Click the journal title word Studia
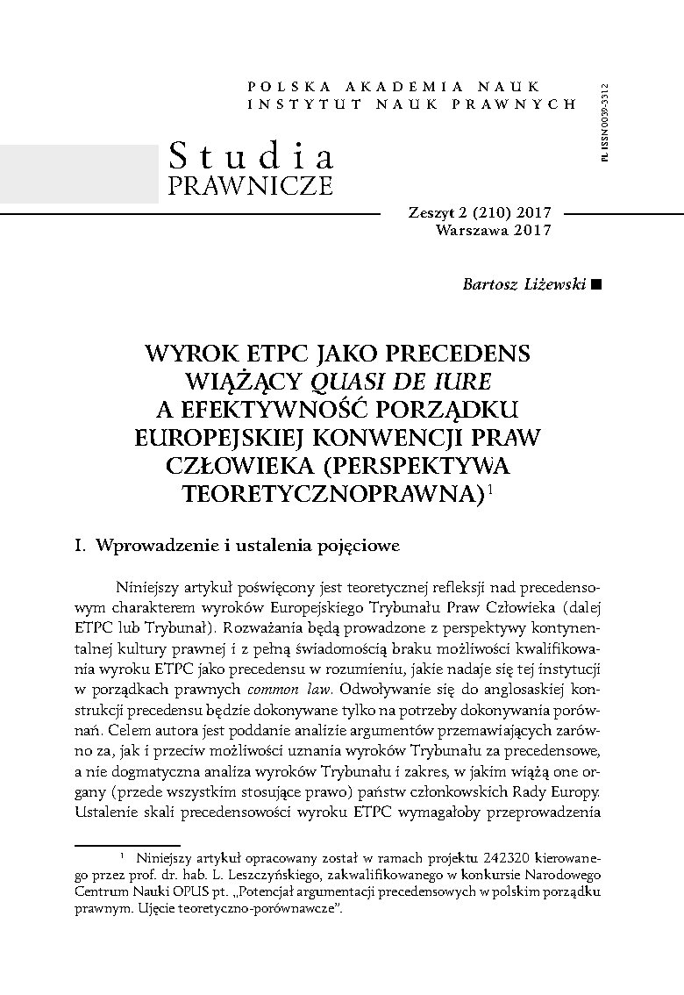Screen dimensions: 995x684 click(x=251, y=156)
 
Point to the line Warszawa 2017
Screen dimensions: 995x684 click(x=493, y=231)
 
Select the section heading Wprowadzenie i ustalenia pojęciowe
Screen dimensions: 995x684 click(x=247, y=545)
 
